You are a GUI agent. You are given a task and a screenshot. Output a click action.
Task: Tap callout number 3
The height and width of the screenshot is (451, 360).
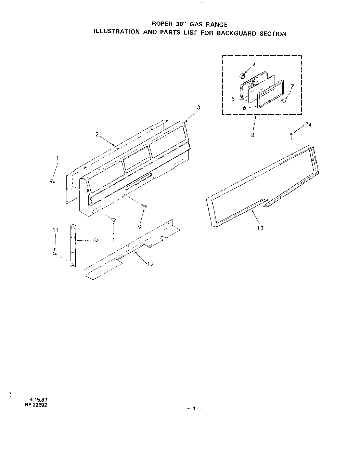[x=198, y=107]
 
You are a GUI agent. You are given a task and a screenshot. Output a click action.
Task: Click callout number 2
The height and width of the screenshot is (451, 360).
[x=97, y=134]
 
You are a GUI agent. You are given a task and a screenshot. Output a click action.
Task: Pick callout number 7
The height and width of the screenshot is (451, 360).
[x=292, y=87]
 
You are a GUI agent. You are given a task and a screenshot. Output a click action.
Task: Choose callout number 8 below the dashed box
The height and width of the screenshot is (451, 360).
[x=253, y=135]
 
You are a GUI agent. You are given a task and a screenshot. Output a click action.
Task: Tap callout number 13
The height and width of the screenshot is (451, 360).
[x=260, y=228]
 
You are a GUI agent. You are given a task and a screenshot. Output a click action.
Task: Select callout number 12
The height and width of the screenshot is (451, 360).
[x=150, y=264]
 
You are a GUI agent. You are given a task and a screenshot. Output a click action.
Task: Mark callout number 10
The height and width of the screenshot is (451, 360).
[x=94, y=240]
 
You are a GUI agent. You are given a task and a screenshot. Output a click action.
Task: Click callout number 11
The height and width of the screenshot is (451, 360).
[x=55, y=230]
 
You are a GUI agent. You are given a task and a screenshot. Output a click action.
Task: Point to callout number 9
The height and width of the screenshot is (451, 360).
[x=140, y=226]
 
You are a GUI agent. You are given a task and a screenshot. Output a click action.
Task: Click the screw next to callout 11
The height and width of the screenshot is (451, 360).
[x=54, y=253]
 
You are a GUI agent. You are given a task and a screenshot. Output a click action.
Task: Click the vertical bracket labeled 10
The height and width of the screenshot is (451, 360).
[x=73, y=245]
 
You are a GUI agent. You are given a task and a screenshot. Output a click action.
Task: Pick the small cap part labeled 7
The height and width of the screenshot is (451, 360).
[x=284, y=101]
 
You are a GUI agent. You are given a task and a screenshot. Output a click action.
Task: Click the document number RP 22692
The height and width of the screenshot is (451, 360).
[x=38, y=405]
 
